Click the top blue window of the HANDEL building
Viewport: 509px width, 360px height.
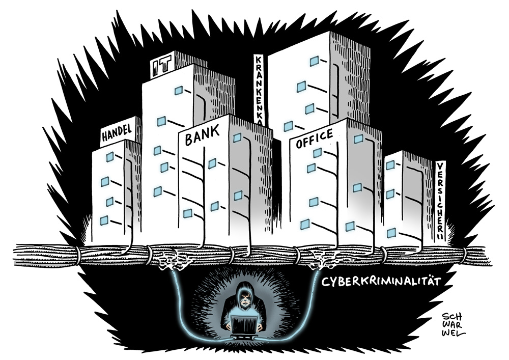pyautogui.click(x=108, y=158)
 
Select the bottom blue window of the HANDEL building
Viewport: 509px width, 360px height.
pyautogui.click(x=104, y=220)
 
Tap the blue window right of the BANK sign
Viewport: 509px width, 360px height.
pyautogui.click(x=238, y=138)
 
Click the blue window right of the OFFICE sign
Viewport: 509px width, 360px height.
pyautogui.click(x=359, y=137)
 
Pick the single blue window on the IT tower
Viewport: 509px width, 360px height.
pyautogui.click(x=179, y=91)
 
